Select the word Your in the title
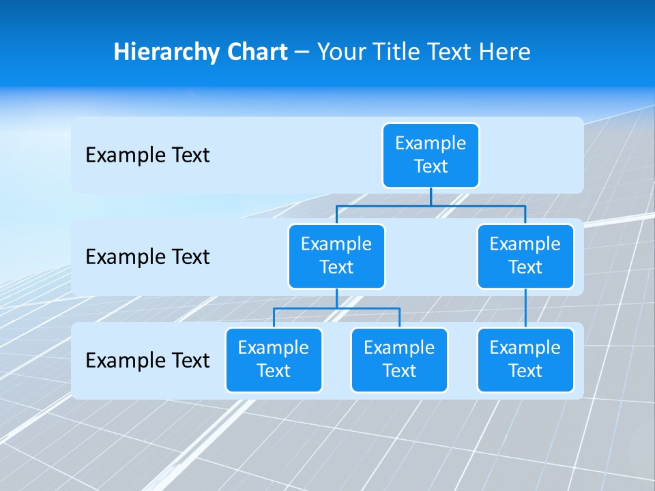341,53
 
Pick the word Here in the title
504,53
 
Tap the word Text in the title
450,53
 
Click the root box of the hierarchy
431,155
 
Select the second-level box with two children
336,256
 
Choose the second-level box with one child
525,256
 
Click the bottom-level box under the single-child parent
525,360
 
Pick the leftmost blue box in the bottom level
274,360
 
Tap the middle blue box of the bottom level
399,360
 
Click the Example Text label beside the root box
147,155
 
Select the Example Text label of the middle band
147,257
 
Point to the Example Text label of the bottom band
147,360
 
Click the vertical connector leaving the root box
431,196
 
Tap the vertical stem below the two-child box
336,299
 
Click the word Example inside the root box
431,143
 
